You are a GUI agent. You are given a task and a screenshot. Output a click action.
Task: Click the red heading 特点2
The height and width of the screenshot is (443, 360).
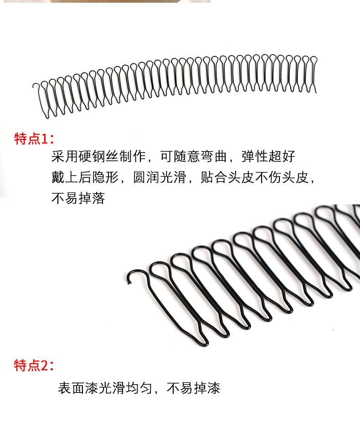34,365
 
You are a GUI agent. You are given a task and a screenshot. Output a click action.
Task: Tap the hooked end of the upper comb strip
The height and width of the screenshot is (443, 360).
35,86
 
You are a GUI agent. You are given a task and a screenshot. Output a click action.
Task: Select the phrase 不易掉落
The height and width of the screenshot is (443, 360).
78,199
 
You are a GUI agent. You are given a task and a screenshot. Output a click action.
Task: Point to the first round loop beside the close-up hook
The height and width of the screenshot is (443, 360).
158,270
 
